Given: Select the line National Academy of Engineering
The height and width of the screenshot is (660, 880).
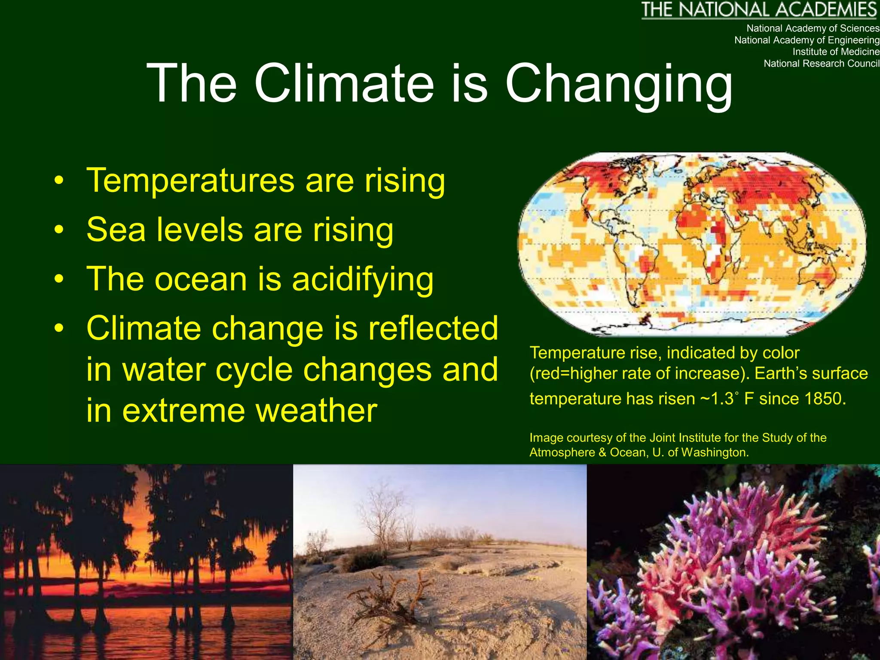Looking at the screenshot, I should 807,40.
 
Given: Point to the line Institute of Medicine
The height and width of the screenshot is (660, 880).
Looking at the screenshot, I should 836,52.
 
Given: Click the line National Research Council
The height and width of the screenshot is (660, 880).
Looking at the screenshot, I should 821,64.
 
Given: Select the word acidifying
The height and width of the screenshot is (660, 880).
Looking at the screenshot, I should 363,279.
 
